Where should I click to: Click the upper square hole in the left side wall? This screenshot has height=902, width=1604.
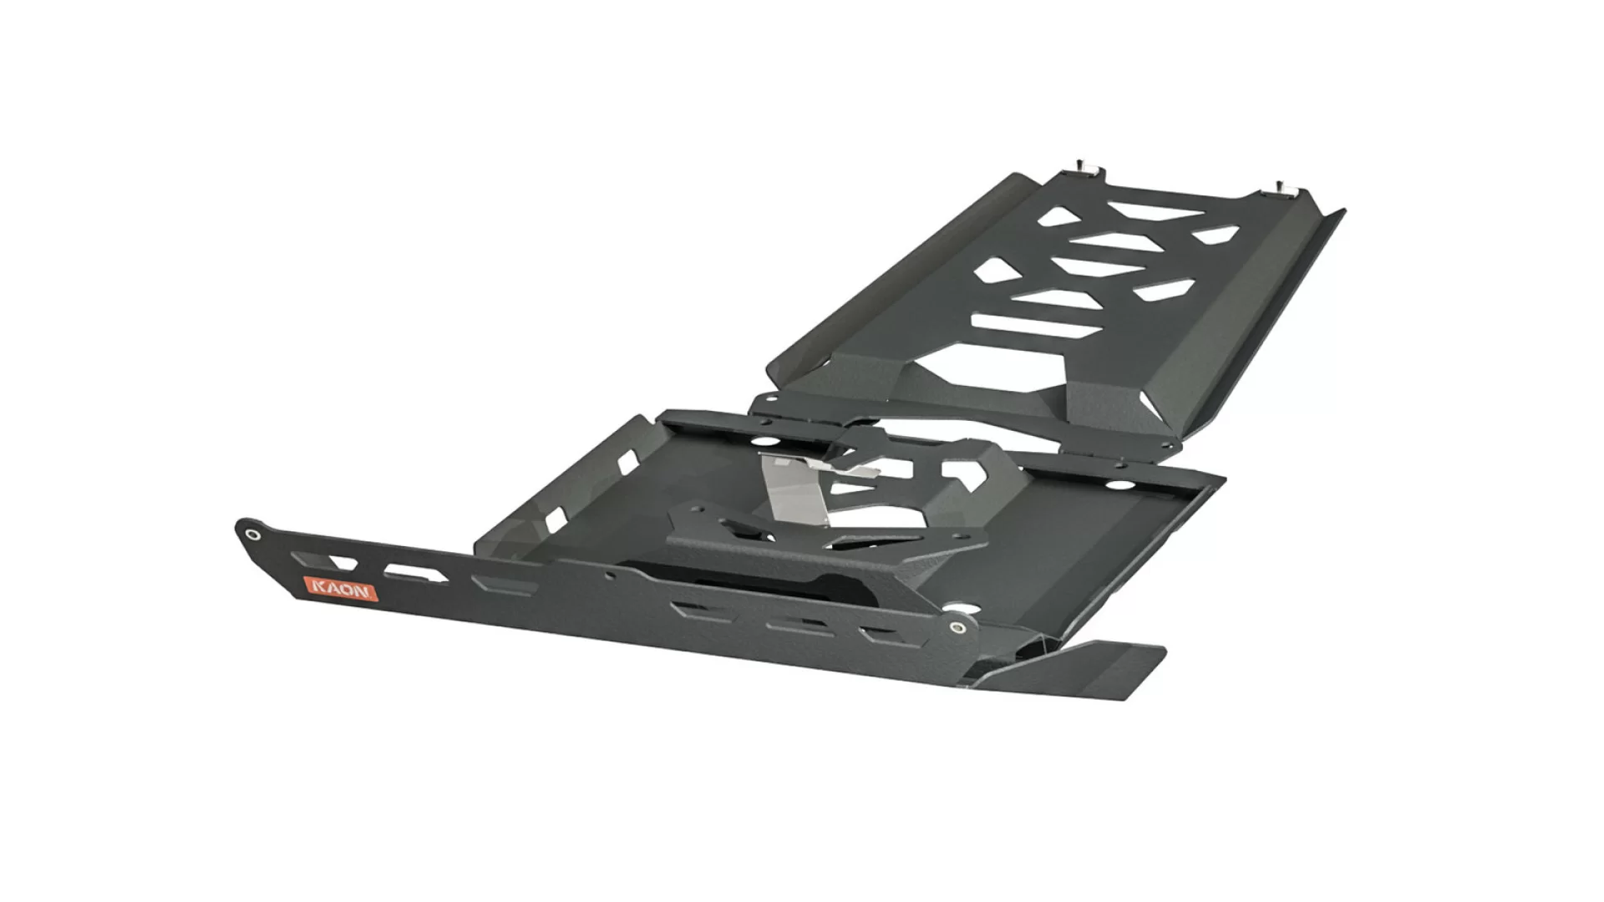pyautogui.click(x=622, y=459)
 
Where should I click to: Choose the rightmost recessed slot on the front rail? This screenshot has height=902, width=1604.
pyautogui.click(x=877, y=636)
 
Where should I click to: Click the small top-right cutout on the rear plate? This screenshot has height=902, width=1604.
pyautogui.click(x=1216, y=235)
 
